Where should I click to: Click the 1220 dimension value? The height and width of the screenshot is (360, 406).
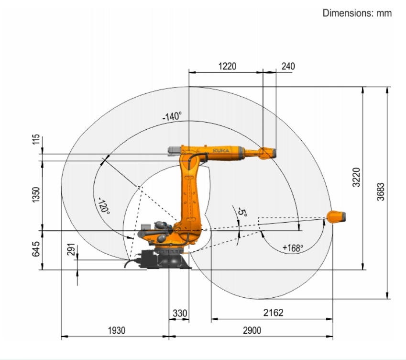(x=227, y=67)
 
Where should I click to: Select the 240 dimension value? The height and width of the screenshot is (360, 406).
(x=288, y=67)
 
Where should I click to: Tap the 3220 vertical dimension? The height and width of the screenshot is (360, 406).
(x=357, y=177)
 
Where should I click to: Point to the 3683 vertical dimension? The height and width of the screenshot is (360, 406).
(x=381, y=192)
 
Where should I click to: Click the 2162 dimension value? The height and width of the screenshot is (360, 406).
(x=273, y=313)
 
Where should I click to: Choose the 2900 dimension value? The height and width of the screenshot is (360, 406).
(x=252, y=331)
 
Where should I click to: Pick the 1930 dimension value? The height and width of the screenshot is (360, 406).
(x=117, y=331)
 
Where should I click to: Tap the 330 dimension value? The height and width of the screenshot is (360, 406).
(x=180, y=314)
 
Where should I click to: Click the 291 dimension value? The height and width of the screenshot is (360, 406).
(x=71, y=249)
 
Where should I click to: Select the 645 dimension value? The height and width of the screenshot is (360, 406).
(x=36, y=249)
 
